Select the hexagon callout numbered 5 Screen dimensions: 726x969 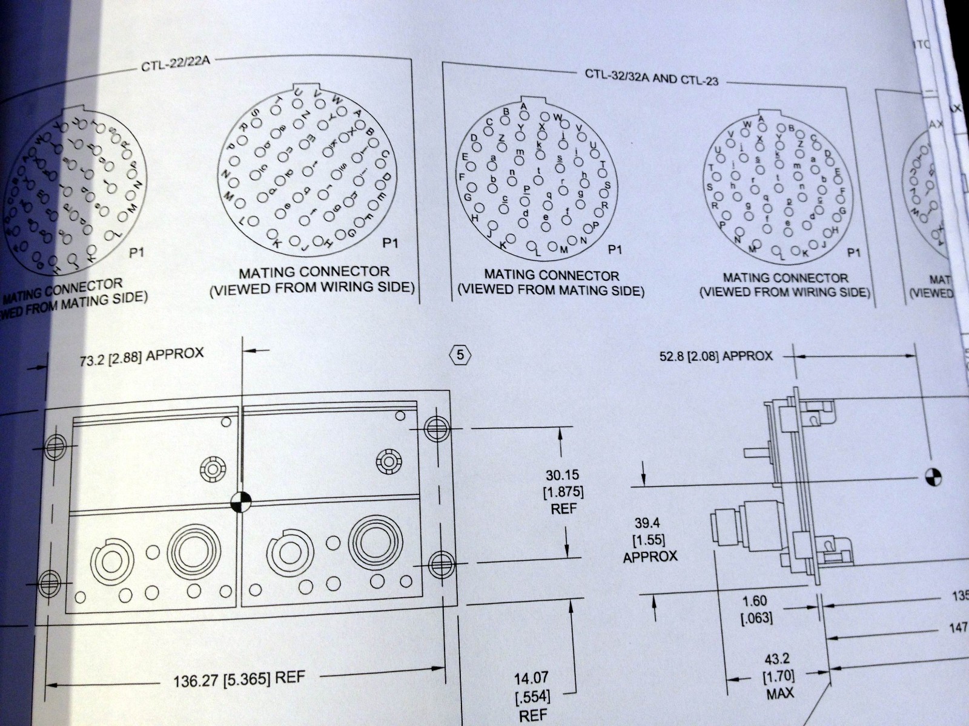[x=460, y=355]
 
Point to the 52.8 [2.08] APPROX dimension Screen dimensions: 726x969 [x=716, y=356]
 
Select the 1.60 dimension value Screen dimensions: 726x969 [x=754, y=601]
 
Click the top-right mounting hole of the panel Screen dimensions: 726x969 [x=435, y=428]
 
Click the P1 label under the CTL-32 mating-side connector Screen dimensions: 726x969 [x=615, y=249]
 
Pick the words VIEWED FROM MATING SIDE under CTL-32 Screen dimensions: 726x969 [x=550, y=290]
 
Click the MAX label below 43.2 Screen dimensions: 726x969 [x=780, y=693]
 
